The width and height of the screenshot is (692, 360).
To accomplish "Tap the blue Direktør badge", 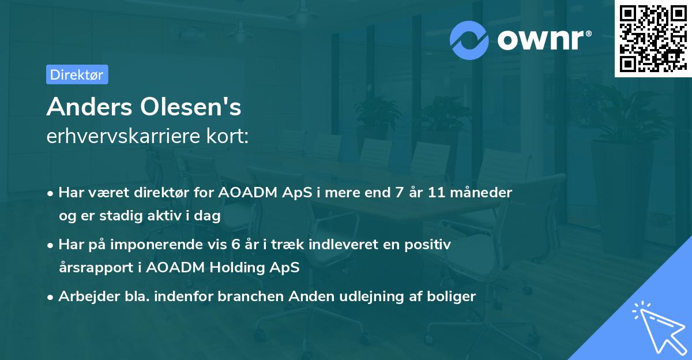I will click(77, 74).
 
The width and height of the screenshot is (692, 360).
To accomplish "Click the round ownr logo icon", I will click(469, 40).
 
